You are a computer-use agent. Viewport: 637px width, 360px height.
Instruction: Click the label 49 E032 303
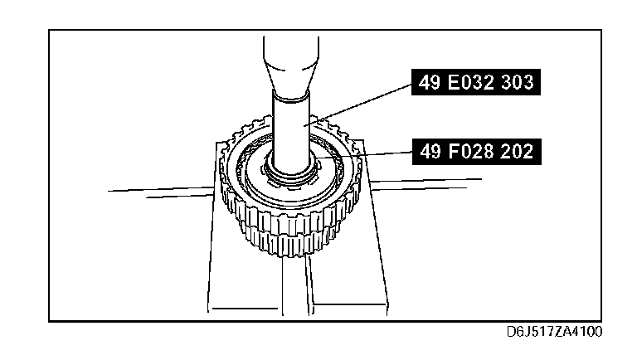pyautogui.click(x=476, y=82)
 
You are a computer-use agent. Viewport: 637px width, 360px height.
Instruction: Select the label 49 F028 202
pyautogui.click(x=477, y=152)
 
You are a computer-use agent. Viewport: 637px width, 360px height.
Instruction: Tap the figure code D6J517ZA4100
pyautogui.click(x=554, y=332)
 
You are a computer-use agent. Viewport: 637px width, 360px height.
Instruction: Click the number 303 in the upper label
pyautogui.click(x=518, y=82)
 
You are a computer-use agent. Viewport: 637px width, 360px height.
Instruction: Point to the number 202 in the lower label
pyautogui.click(x=517, y=152)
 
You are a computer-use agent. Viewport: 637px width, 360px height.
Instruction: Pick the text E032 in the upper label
pyautogui.click(x=471, y=82)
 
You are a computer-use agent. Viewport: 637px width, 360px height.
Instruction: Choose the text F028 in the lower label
pyautogui.click(x=471, y=152)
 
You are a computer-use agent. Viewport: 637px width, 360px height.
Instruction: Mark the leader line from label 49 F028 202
pyautogui.click(x=364, y=154)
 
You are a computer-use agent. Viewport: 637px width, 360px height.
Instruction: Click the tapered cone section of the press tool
pyautogui.click(x=291, y=76)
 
